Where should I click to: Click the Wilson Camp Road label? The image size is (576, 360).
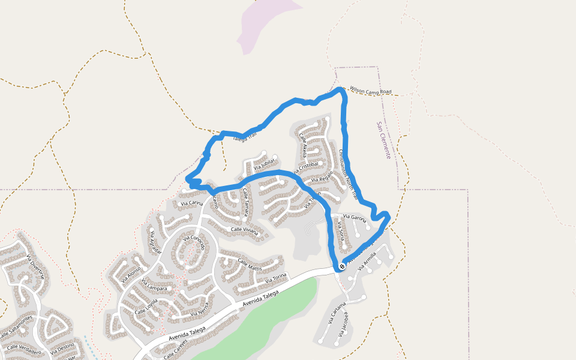[x=370, y=91]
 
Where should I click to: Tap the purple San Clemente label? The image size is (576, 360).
[x=383, y=140]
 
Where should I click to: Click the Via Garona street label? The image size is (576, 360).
[x=353, y=218]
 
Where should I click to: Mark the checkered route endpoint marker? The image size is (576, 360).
[x=341, y=266]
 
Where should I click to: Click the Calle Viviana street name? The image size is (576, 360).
[x=244, y=230]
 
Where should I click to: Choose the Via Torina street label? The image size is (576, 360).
[x=277, y=278]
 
